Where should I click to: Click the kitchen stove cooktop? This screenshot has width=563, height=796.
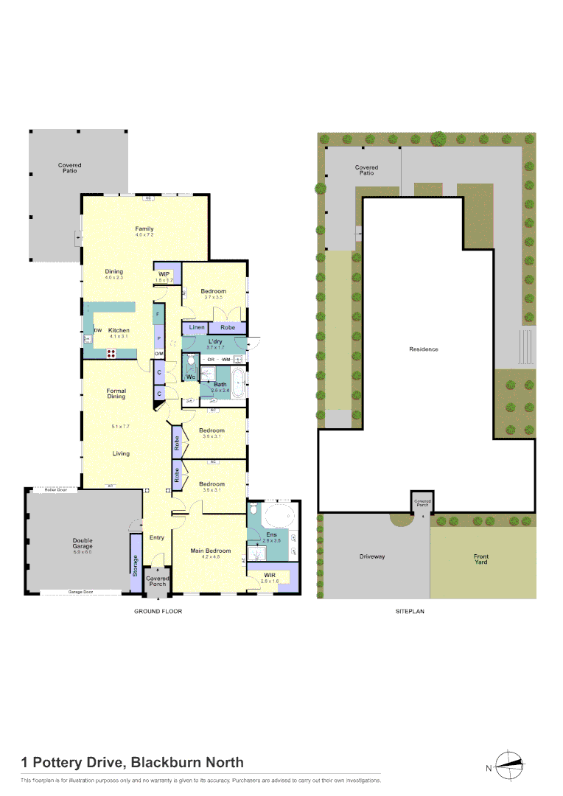coord(112,352)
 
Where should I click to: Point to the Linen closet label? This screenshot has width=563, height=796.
coord(196,327)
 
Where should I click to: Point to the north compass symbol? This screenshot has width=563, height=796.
coord(511,765)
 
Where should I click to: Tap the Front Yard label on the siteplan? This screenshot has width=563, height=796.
coord(480,559)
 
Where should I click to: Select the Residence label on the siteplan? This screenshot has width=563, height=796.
coord(424,349)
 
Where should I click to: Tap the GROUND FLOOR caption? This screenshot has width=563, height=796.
coord(158,611)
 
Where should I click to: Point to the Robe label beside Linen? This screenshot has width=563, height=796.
coord(228,327)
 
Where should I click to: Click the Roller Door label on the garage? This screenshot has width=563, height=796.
coord(55,489)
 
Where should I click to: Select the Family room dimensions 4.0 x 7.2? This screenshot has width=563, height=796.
coord(144,235)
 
